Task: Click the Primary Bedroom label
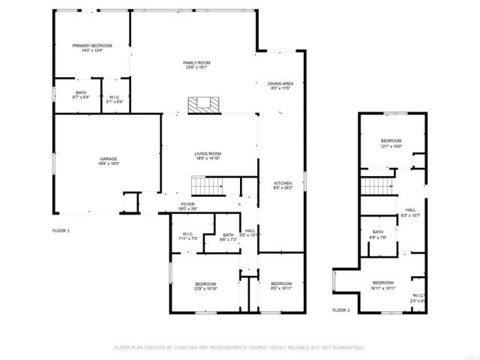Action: (92, 48)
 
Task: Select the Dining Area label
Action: (280, 85)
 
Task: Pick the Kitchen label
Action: (282, 186)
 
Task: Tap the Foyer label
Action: (187, 205)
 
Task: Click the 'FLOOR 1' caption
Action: (61, 230)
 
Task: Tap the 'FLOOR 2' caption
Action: (341, 310)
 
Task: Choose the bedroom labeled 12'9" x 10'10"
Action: (205, 286)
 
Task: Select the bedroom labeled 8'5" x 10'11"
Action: (281, 286)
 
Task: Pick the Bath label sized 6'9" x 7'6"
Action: (379, 235)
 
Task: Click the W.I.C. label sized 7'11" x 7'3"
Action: (187, 235)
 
